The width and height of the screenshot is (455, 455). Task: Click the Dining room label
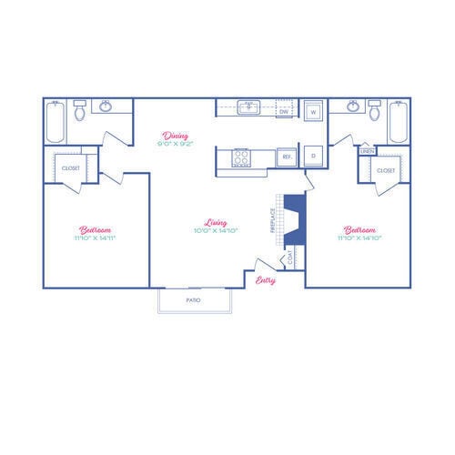(176, 136)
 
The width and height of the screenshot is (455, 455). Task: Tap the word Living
(216, 221)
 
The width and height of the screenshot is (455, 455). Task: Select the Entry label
(265, 279)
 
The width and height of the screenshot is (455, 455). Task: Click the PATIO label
(193, 299)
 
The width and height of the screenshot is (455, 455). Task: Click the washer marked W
(313, 112)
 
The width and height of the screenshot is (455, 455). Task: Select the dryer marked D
(313, 156)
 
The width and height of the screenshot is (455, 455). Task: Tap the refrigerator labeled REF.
(286, 157)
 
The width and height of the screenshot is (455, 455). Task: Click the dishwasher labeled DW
(283, 112)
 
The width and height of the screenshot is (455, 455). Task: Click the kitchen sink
(248, 107)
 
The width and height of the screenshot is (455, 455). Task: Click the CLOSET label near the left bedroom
(70, 168)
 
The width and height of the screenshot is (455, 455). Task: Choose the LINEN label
(368, 151)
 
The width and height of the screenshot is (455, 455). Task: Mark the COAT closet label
(290, 258)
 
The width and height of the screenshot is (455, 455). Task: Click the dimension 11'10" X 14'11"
(96, 237)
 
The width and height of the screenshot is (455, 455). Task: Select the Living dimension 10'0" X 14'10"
(216, 230)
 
